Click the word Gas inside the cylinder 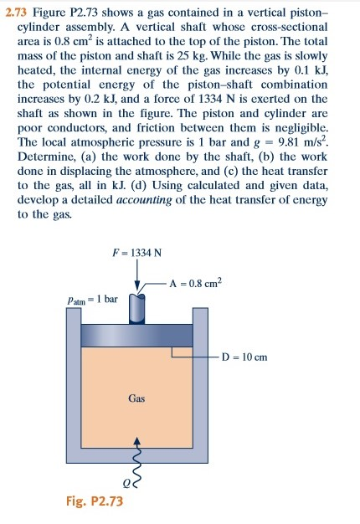138,398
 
